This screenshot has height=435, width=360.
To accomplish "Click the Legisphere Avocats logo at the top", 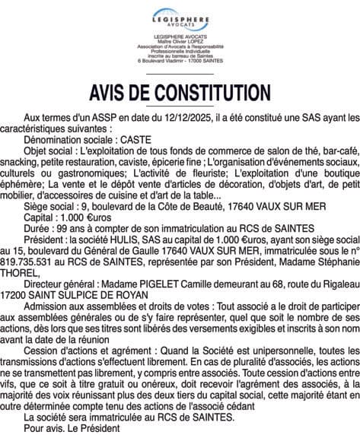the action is click(180, 17).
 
